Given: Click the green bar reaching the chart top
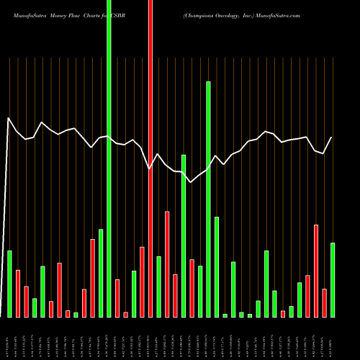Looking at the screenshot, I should (x=109, y=158).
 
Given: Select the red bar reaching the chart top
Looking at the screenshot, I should (x=150, y=158).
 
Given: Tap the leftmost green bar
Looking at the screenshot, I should (x=9, y=284).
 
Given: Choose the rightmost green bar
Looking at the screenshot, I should (x=333, y=280).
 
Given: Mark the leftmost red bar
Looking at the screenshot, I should (x=18, y=293).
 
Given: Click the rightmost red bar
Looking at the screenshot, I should (x=324, y=302).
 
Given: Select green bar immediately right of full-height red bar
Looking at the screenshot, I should (x=158, y=287).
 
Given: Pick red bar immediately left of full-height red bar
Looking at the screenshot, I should (x=142, y=282).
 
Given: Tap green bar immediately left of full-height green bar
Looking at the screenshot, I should (x=101, y=273).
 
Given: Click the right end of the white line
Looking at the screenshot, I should (x=332, y=138).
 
